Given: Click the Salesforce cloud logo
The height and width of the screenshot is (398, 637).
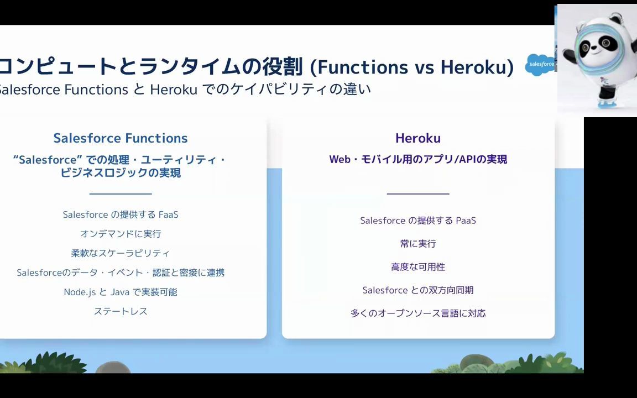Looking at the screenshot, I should click(x=540, y=65).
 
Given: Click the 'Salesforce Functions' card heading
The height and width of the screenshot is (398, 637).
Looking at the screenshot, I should click(x=121, y=138).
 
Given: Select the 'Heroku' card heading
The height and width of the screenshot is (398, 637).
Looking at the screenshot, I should click(x=418, y=138).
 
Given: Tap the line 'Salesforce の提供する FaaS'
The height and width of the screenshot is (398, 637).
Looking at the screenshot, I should click(x=121, y=214).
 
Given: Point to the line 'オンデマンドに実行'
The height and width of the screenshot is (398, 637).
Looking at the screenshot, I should click(x=121, y=234).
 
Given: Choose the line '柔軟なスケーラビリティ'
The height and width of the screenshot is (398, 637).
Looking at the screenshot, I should click(x=121, y=253).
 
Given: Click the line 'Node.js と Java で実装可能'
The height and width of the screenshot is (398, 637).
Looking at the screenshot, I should click(x=121, y=292).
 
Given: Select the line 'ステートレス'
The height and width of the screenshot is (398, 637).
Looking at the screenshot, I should click(x=121, y=311).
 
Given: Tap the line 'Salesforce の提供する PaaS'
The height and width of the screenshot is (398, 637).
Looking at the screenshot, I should click(x=418, y=221).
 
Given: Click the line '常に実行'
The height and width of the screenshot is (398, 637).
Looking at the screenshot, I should click(x=418, y=244).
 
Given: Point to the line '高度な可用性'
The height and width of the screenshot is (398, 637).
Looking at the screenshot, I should click(x=418, y=267).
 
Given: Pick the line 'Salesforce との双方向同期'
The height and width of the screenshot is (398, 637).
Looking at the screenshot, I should click(x=418, y=290).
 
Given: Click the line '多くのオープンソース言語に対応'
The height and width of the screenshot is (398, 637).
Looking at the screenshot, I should click(x=418, y=313).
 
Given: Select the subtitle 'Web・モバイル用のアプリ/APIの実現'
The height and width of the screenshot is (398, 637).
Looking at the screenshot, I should click(x=418, y=159).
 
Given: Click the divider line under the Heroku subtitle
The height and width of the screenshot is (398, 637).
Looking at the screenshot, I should click(x=418, y=194).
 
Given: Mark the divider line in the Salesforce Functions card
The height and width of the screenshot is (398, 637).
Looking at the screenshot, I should click(x=121, y=194).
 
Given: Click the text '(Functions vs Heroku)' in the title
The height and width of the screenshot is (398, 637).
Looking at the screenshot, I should click(x=411, y=67).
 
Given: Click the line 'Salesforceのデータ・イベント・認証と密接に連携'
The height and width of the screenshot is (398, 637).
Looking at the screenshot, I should click(x=121, y=273).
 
